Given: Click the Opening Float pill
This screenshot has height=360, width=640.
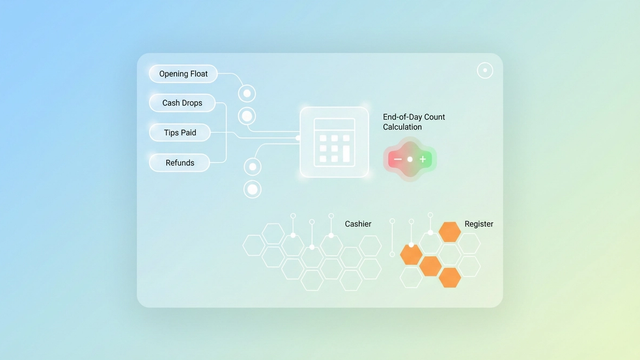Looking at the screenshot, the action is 183,74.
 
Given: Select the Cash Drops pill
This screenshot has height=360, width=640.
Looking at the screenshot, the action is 181,103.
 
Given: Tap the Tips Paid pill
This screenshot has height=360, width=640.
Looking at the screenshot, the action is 180,132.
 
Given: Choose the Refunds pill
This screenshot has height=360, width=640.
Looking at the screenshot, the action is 180,162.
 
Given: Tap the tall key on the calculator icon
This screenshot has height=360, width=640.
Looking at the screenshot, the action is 347,153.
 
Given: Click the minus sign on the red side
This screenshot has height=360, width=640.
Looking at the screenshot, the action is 397,159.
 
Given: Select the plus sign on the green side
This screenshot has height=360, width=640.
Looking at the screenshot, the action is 423,159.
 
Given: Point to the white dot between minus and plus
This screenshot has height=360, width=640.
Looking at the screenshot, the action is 410,159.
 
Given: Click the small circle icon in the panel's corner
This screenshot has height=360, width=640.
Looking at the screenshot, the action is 485,70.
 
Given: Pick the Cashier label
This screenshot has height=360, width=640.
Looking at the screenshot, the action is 358,224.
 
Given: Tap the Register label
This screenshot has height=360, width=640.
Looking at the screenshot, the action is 479,224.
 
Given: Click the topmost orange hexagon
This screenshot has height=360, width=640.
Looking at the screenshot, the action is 450,232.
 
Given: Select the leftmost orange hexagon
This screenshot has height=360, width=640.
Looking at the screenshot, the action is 411,254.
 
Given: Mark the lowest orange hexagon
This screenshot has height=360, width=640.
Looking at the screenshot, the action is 450,277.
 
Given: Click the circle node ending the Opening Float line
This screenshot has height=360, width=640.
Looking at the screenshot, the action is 247,94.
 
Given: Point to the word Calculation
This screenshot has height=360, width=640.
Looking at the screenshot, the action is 403,128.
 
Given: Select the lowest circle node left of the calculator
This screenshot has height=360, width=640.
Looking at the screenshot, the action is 253,189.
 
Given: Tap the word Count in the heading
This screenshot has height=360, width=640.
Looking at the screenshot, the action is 435,117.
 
